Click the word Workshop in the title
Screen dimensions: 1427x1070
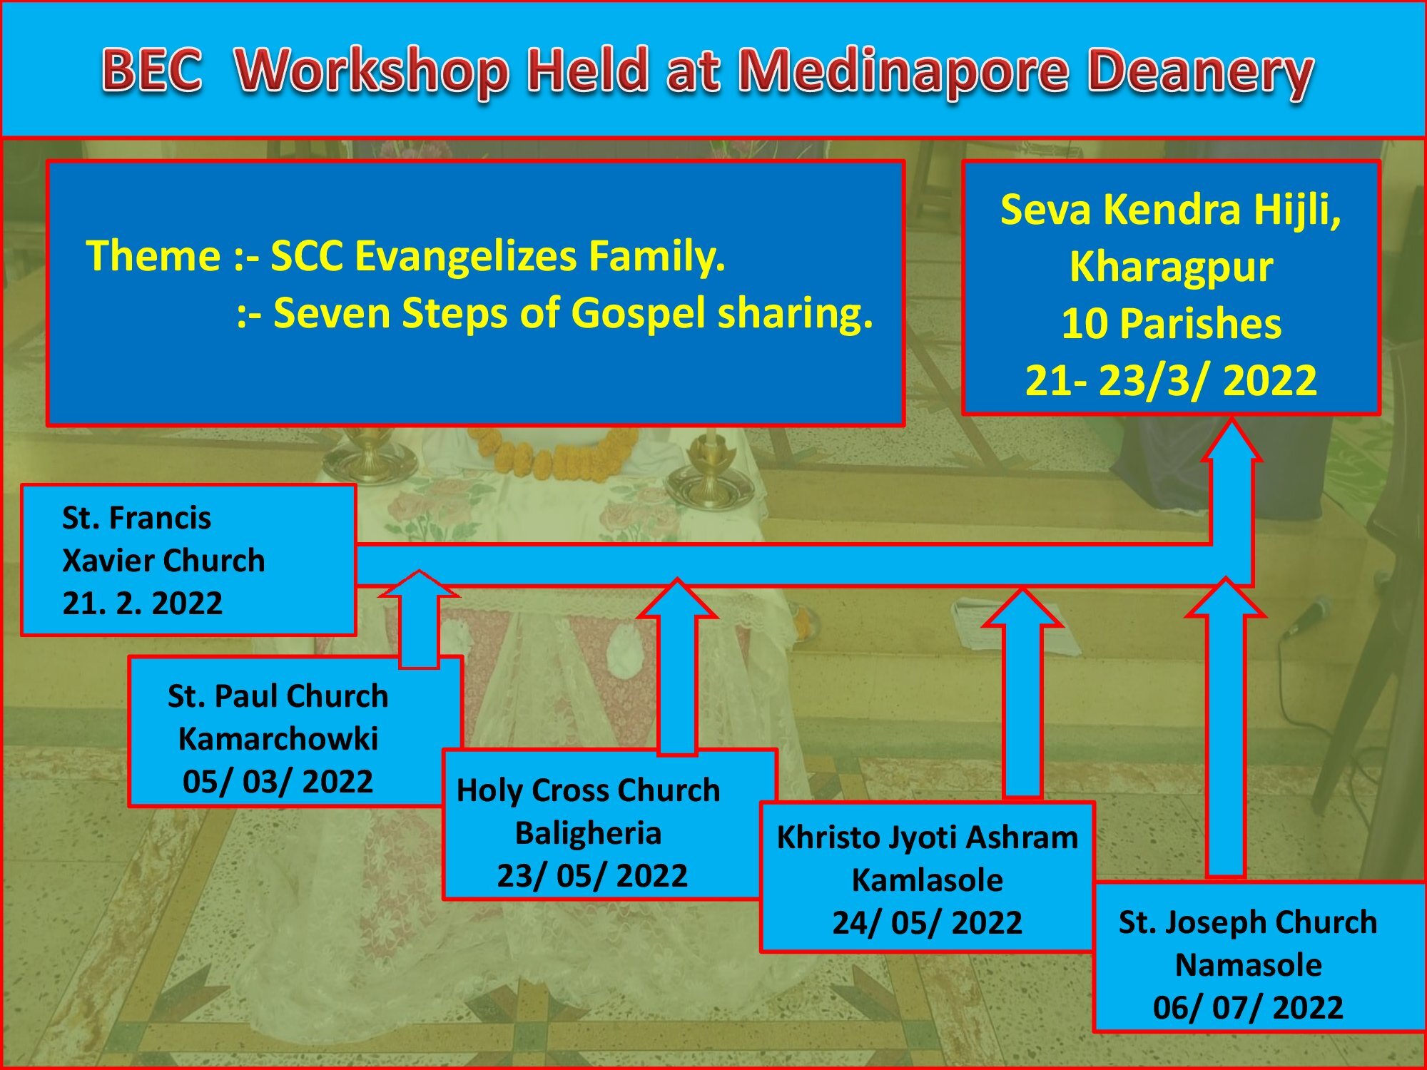point(372,71)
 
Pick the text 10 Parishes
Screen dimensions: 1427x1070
point(1171,324)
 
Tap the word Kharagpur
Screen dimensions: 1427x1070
point(1171,268)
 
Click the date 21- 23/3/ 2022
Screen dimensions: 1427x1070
point(1171,380)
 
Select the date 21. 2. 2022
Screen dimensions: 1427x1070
point(142,603)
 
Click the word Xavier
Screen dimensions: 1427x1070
point(106,561)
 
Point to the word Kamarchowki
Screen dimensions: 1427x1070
point(278,739)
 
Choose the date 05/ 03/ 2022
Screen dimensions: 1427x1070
point(278,781)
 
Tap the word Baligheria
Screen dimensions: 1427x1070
point(589,833)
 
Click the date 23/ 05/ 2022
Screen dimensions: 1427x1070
point(592,875)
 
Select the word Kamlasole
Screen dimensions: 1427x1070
point(928,880)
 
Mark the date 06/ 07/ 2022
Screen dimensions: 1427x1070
point(1248,1008)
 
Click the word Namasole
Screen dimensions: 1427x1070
point(1248,965)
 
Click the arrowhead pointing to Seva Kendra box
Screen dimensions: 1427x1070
point(1232,440)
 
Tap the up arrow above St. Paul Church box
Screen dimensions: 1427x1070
point(419,618)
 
